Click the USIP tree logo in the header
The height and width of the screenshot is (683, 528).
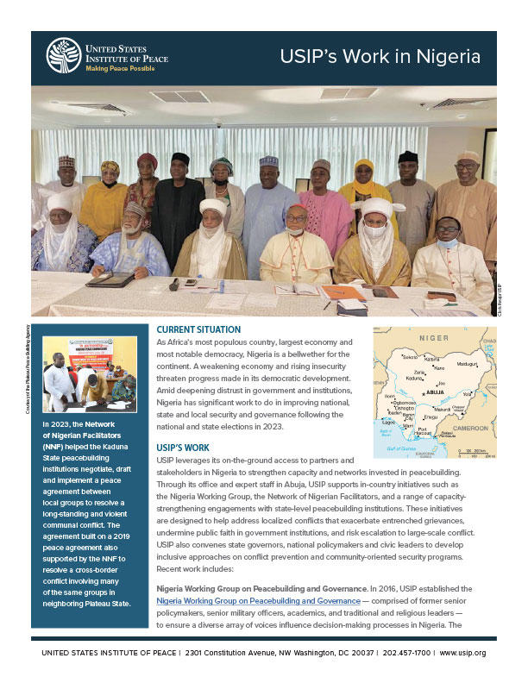63,54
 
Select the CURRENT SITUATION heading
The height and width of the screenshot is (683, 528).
198,329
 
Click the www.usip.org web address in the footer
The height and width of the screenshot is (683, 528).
463,653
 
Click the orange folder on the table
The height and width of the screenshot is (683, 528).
343,293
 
